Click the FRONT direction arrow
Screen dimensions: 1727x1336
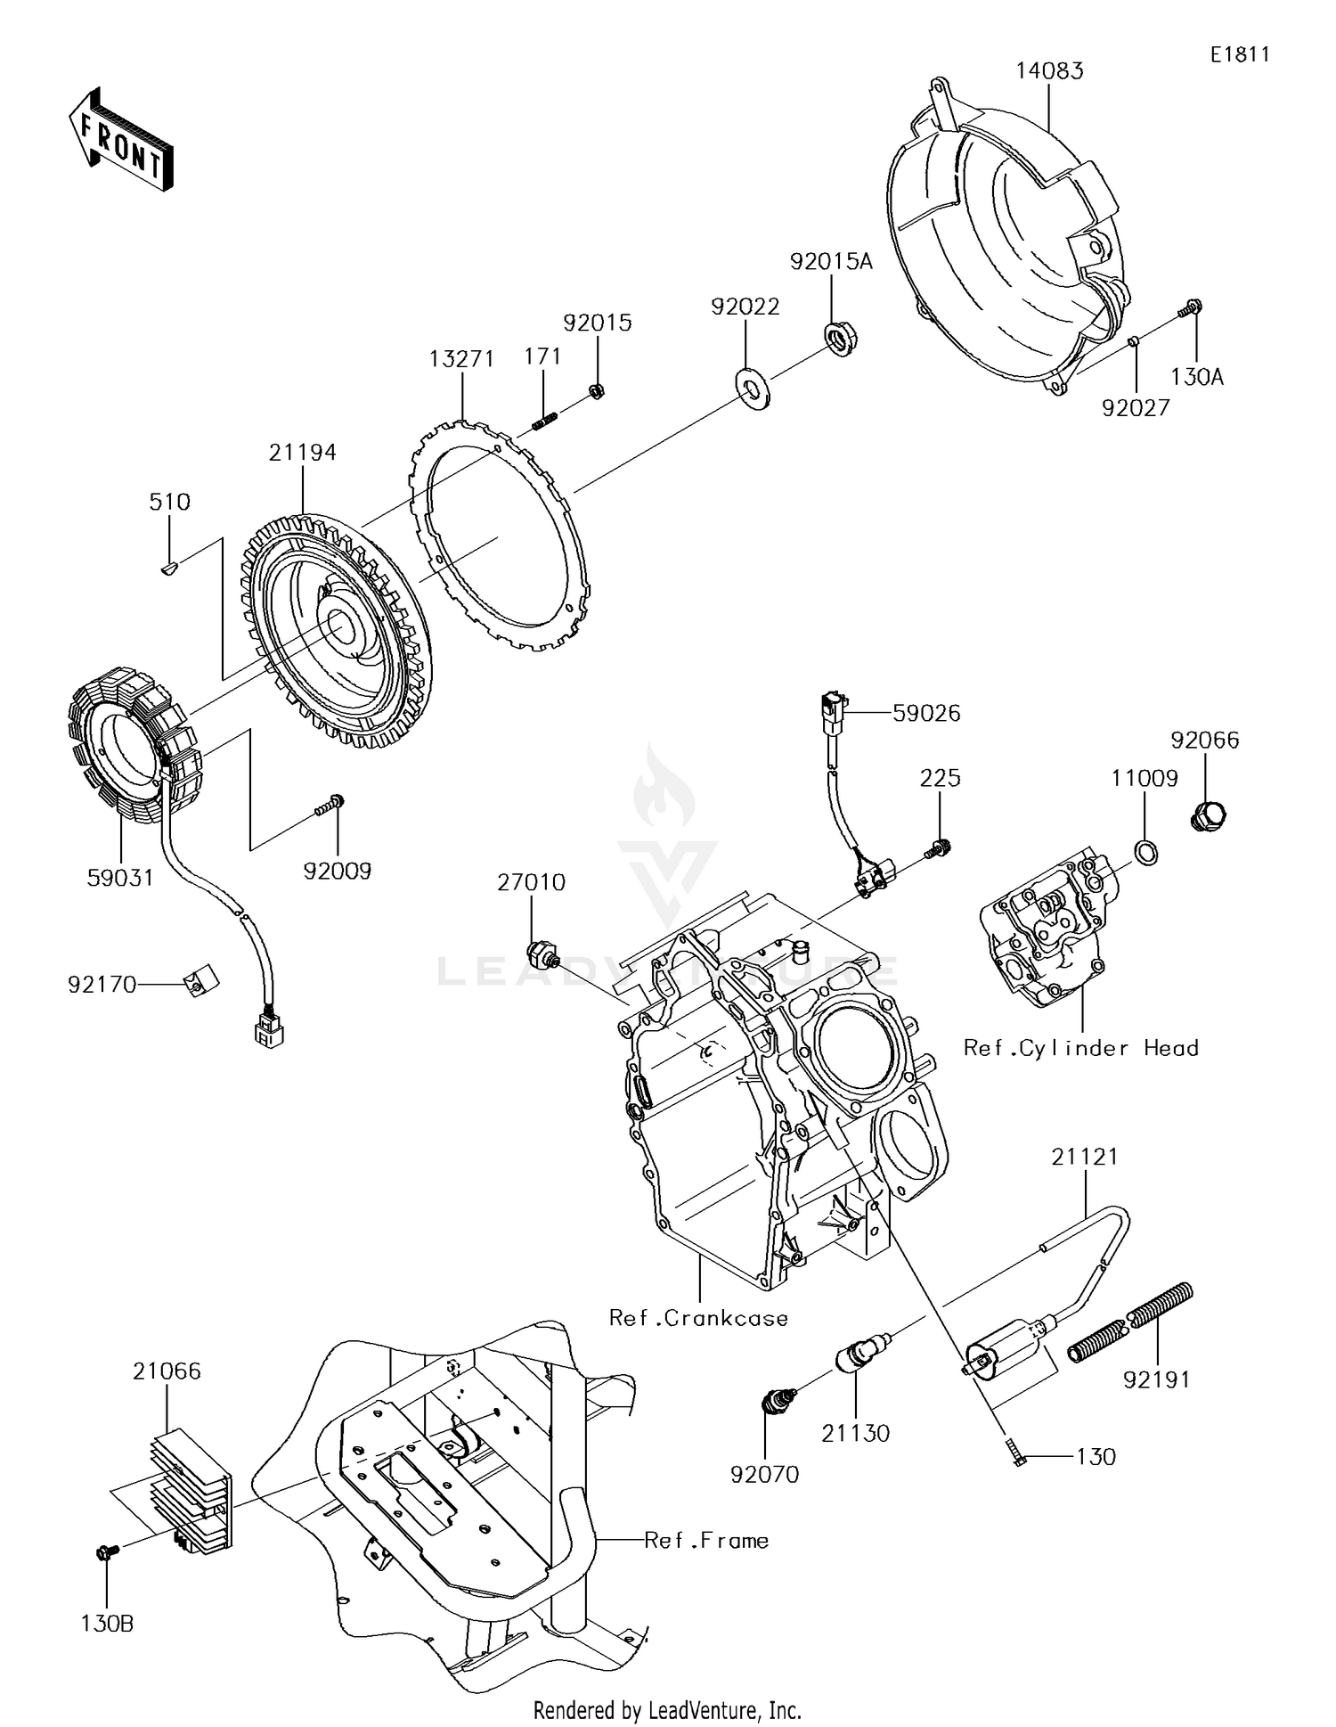coord(120,140)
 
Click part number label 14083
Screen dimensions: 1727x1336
coord(1050,71)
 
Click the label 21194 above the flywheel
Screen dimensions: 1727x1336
coord(303,453)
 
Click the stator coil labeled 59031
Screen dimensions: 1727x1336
coord(134,744)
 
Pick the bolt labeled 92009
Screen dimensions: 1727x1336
coord(330,806)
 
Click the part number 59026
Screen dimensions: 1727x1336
coord(926,713)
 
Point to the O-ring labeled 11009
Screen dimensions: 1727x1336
coord(1147,853)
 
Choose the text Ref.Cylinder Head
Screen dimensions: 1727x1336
coord(1080,1048)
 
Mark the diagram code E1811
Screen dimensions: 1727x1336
coord(1239,54)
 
